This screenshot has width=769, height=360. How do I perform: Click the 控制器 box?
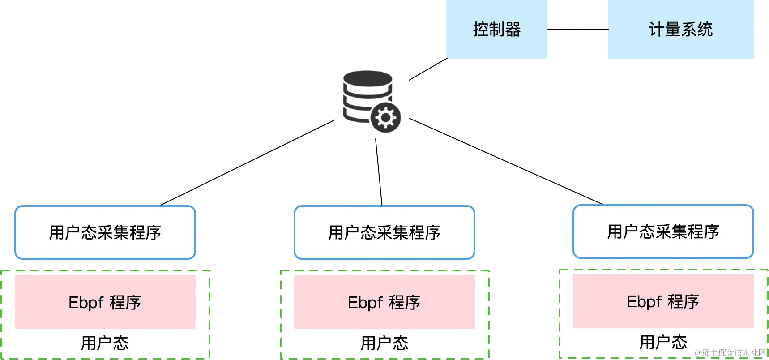tap(496, 30)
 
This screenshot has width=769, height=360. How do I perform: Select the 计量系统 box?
tap(680, 30)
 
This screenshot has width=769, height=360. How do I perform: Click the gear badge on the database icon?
tap(386, 117)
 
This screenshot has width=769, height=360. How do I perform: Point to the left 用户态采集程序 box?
tap(105, 232)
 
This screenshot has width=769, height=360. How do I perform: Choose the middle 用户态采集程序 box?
tap(384, 232)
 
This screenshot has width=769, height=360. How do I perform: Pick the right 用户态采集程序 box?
tap(663, 231)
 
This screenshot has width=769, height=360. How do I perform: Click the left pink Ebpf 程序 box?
tap(105, 302)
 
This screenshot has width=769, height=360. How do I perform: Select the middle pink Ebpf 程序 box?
tap(384, 302)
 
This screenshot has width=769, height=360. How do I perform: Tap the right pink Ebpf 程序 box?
tap(663, 301)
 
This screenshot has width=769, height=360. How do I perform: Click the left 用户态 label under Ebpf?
tap(105, 343)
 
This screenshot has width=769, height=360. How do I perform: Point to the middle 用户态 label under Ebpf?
tap(384, 343)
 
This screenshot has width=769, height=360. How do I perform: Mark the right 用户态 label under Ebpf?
tap(663, 342)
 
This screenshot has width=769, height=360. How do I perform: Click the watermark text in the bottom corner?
tap(730, 353)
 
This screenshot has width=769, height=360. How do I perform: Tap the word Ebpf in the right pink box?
tap(644, 301)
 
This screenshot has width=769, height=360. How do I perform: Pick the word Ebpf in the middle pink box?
tap(365, 302)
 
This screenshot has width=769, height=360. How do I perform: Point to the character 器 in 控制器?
tap(513, 30)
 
